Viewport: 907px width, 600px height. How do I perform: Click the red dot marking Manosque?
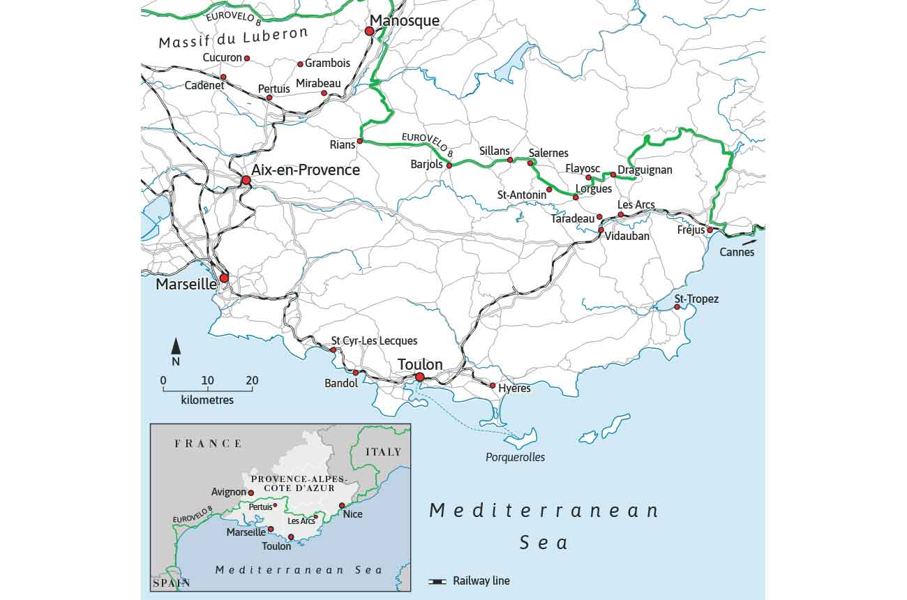369,31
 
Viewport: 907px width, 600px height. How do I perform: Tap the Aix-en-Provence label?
306,170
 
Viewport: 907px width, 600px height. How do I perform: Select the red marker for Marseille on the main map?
224,278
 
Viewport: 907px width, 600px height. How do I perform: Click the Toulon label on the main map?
420,364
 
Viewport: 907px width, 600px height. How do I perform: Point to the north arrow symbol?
176,346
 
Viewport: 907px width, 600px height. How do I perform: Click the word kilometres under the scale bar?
207,400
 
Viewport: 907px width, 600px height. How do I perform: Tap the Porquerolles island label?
516,458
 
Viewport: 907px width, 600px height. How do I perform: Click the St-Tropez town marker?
677,307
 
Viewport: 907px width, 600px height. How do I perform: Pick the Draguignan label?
645,170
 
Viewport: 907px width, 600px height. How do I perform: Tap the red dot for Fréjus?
710,230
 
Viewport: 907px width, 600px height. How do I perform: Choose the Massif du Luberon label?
233,38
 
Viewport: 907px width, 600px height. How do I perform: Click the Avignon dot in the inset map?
251,493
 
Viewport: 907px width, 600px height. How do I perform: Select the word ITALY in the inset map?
384,452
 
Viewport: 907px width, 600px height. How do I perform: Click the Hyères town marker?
493,386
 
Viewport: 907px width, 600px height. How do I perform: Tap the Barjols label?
426,165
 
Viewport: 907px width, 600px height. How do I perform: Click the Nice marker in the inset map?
342,506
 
